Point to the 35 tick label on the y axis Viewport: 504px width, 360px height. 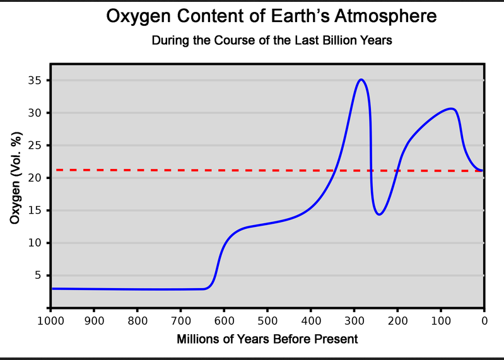(x=35, y=81)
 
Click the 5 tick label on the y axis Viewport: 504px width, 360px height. (x=37, y=276)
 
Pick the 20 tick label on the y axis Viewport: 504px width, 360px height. (x=35, y=178)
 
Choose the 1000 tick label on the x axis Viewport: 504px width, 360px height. (x=49, y=320)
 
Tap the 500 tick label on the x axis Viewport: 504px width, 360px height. (x=267, y=320)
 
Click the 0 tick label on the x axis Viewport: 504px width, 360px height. (x=484, y=320)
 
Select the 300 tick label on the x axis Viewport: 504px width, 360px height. (x=354, y=320)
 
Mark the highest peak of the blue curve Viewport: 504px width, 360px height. (x=361, y=79)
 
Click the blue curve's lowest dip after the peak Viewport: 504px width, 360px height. (x=379, y=214)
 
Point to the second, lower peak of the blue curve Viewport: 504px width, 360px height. (x=450, y=108)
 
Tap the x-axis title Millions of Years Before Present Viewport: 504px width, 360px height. (x=267, y=339)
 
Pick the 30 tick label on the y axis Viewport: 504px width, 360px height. (x=35, y=113)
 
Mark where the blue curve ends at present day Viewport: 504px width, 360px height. (x=483, y=170)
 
